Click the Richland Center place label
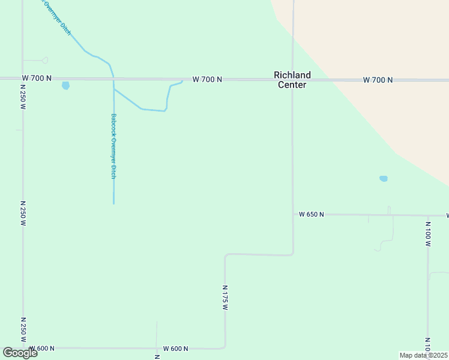(292, 80)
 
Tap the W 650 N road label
(312, 214)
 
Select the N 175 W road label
(226, 298)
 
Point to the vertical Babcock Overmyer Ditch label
(113, 146)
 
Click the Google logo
(20, 353)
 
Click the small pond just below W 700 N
(65, 85)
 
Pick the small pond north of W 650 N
(384, 179)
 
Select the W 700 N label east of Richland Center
(378, 80)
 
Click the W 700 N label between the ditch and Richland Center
(207, 79)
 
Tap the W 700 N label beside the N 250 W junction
(37, 78)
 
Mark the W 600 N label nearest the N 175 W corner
(175, 349)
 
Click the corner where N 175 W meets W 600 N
(224, 347)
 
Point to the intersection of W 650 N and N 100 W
(428, 215)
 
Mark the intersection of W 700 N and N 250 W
(23, 78)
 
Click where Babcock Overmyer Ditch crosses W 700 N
(113, 79)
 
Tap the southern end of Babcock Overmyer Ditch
(113, 203)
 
